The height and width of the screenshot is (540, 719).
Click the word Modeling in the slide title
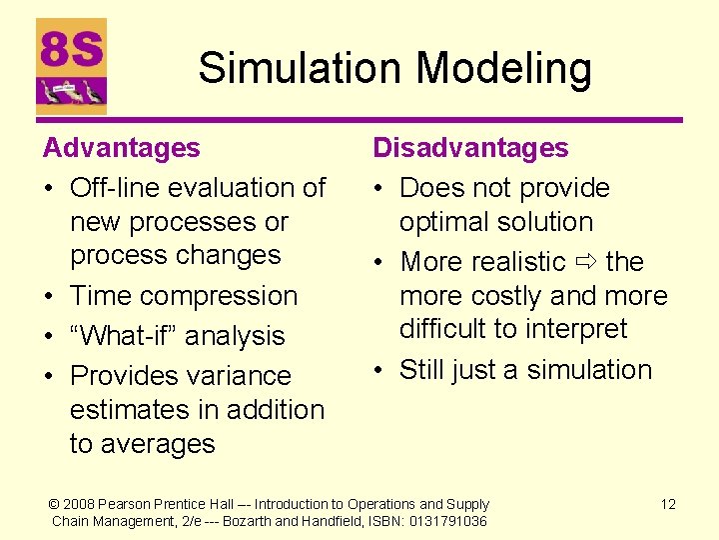(x=503, y=70)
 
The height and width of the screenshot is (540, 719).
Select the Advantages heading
(x=121, y=148)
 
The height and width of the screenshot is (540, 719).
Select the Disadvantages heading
(x=470, y=148)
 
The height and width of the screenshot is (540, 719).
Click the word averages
(x=157, y=444)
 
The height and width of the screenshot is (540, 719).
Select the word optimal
(x=445, y=222)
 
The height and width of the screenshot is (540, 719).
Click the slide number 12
(x=668, y=504)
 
